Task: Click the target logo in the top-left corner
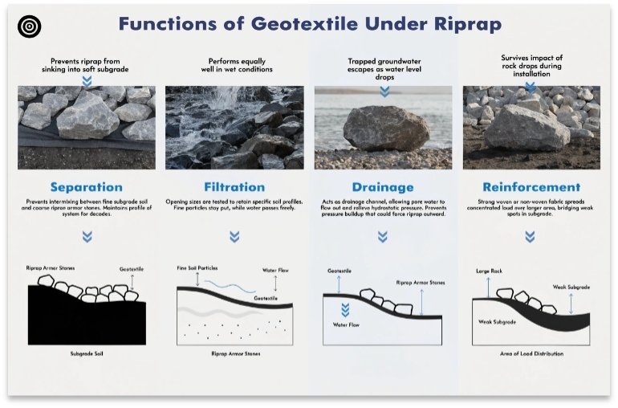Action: (30, 26)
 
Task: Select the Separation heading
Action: (87, 187)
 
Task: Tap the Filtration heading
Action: (234, 187)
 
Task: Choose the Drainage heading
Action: (382, 187)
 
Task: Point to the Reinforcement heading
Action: (531, 187)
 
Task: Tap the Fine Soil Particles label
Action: (197, 267)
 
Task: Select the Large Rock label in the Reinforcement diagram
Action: (488, 271)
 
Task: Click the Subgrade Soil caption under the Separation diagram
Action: (87, 353)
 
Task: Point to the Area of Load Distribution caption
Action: (531, 353)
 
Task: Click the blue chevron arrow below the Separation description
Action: (87, 237)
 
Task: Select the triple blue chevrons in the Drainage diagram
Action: (345, 310)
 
